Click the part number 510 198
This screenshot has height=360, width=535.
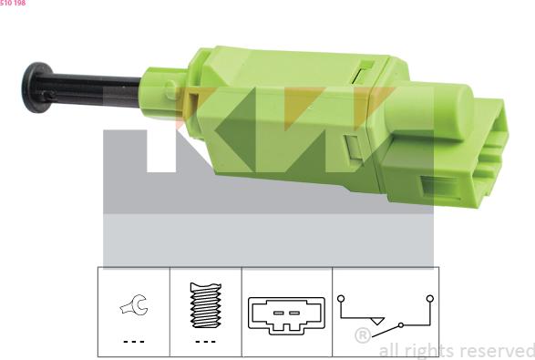coord(13,3)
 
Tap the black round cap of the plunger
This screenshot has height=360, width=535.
coord(36,87)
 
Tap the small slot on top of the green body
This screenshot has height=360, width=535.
coord(365,66)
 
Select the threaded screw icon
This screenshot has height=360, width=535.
coord(204,308)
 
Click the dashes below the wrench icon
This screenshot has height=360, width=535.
coord(133,341)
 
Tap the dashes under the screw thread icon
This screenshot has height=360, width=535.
coord(204,341)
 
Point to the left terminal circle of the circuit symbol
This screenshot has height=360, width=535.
coord(340,297)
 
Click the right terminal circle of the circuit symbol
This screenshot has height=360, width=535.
coord(428,297)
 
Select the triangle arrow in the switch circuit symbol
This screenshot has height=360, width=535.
coord(377,321)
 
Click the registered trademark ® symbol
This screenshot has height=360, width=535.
coord(363,336)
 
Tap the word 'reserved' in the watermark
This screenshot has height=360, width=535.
coord(497,350)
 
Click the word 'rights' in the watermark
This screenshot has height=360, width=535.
coord(427,350)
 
